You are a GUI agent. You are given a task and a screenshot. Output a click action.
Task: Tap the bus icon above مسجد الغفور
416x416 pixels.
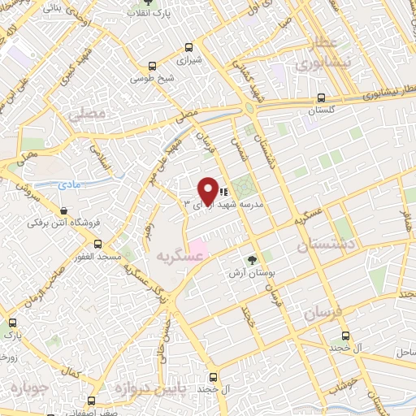point(97,243)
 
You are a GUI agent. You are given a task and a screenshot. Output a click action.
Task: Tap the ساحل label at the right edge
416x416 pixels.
point(406,353)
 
